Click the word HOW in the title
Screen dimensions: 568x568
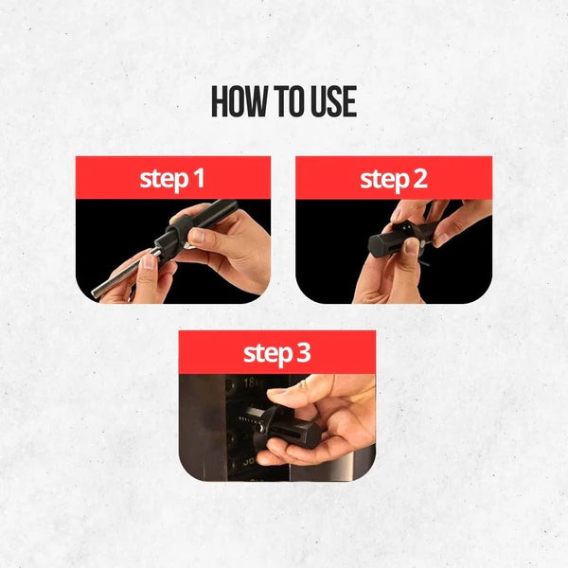(x=240, y=102)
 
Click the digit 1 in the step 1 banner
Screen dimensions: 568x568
(x=199, y=178)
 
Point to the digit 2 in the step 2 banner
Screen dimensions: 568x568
(x=419, y=178)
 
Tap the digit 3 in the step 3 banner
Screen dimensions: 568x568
(x=303, y=353)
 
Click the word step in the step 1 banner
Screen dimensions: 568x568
(x=164, y=179)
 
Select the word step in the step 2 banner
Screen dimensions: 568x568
(x=383, y=179)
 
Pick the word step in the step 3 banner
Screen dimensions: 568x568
(x=267, y=354)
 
